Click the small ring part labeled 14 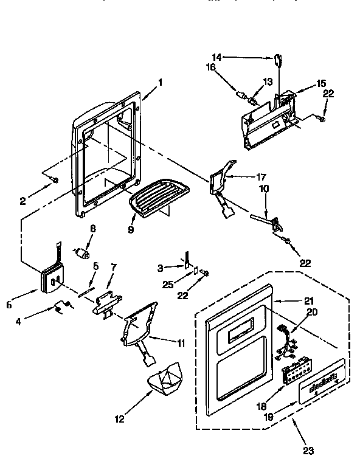click(279, 60)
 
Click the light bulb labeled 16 click(243, 95)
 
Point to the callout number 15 click(322, 83)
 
